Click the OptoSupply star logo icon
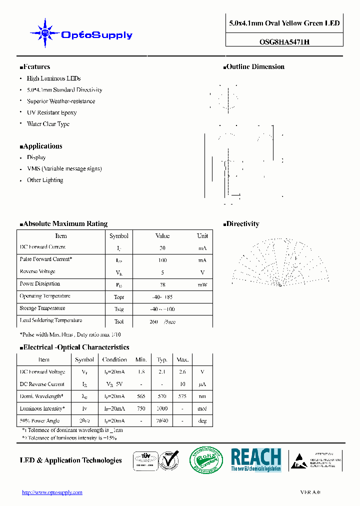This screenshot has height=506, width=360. [x=45, y=33]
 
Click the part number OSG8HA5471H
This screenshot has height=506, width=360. [x=284, y=42]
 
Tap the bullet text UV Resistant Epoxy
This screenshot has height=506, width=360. [x=51, y=112]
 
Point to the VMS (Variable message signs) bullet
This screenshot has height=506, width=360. [x=64, y=168]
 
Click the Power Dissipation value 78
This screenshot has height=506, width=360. [x=162, y=284]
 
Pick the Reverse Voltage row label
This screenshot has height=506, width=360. [x=37, y=271]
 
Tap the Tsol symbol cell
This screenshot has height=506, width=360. [x=119, y=321]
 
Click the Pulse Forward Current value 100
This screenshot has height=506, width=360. [x=162, y=260]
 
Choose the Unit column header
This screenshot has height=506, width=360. [x=202, y=236]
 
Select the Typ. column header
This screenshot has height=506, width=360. [x=162, y=359]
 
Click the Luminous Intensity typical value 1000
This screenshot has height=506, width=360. [x=162, y=408]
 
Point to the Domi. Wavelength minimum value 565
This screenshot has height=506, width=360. [x=141, y=396]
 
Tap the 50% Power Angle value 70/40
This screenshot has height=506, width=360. [x=162, y=421]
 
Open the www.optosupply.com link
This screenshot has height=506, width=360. [x=52, y=492]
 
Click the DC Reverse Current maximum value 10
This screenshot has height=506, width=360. [x=182, y=384]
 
